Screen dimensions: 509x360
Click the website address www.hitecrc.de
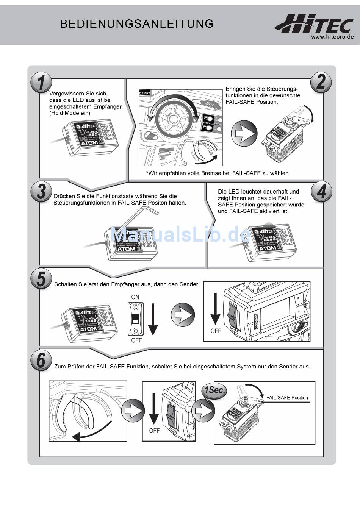pyautogui.click(x=332, y=37)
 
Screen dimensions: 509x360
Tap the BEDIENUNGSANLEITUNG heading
pyautogui.click(x=137, y=24)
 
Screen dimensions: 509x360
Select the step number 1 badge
pyautogui.click(x=41, y=83)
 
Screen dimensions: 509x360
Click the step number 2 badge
pyautogui.click(x=321, y=82)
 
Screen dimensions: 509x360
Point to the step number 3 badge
pyautogui.click(x=41, y=191)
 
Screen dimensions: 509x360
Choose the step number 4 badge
pyautogui.click(x=321, y=191)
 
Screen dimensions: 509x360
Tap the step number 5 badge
pyautogui.click(x=41, y=279)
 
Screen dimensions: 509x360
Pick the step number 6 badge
pyautogui.click(x=41, y=360)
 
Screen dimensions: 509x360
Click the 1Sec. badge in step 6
pyautogui.click(x=214, y=390)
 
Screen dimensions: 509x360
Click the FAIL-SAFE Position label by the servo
pyautogui.click(x=287, y=398)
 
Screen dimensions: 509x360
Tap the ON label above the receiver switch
pyautogui.click(x=135, y=297)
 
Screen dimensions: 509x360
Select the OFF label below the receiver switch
pyautogui.click(x=136, y=340)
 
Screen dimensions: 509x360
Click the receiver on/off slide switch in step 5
pyautogui.click(x=136, y=319)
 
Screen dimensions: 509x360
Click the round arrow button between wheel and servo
pyautogui.click(x=244, y=134)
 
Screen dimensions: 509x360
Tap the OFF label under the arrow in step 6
pyautogui.click(x=154, y=431)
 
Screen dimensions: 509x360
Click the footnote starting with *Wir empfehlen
pyautogui.click(x=218, y=173)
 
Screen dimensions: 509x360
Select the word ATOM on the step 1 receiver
pyautogui.click(x=90, y=143)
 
